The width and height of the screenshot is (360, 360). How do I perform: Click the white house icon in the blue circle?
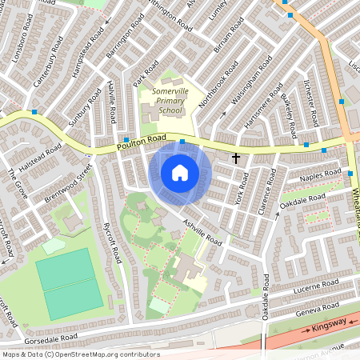click(x=180, y=172)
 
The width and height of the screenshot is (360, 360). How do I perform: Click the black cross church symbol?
click(x=236, y=158)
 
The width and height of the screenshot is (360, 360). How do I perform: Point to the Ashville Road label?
click(x=201, y=231)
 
